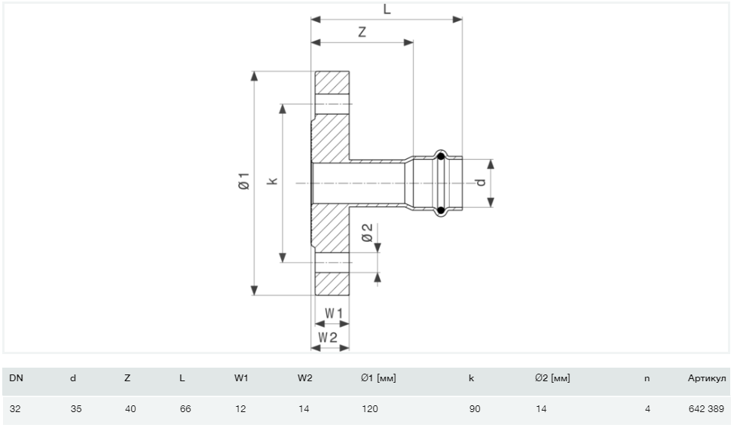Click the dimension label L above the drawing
(x=387, y=9)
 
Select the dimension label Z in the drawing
(x=362, y=33)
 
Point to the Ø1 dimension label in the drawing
(x=242, y=182)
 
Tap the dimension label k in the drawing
(x=273, y=181)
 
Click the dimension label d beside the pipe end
(x=480, y=182)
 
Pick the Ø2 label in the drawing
(x=367, y=233)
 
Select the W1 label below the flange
(x=333, y=313)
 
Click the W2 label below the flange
(x=327, y=337)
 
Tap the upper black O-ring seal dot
(x=441, y=157)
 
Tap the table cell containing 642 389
(x=706, y=409)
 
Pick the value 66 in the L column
(x=185, y=409)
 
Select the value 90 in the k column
(x=474, y=409)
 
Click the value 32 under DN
(x=15, y=409)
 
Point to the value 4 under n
(x=646, y=409)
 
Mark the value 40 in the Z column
(x=130, y=409)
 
